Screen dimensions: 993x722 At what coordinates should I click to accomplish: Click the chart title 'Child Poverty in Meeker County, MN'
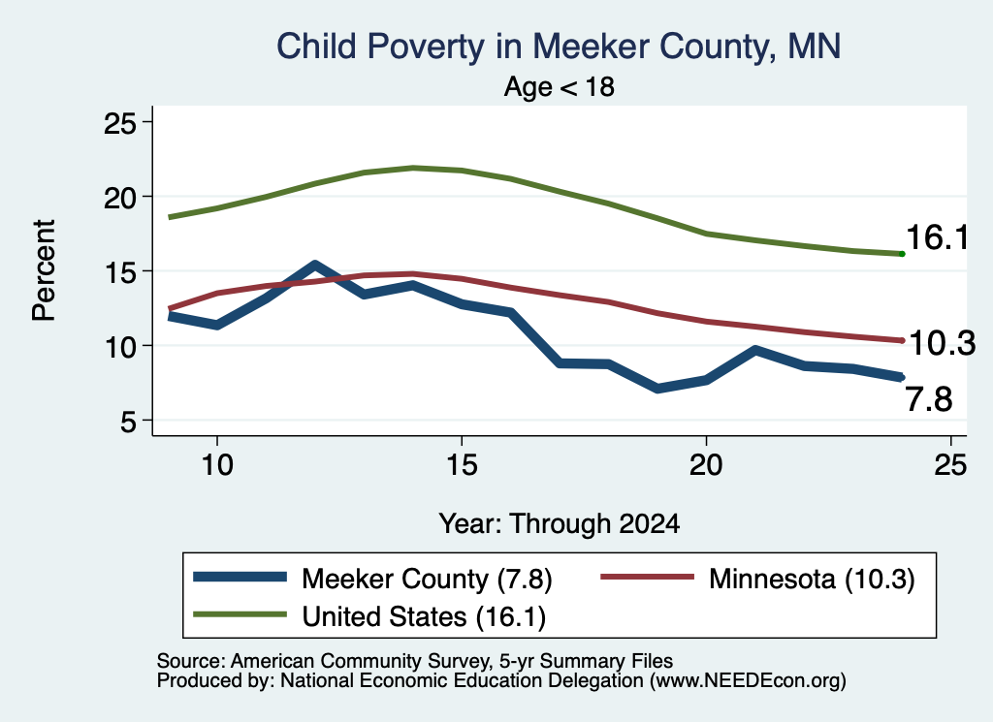tap(559, 47)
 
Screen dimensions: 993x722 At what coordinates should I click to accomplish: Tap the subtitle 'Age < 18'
tap(560, 86)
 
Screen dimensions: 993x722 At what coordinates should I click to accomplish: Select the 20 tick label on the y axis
tap(119, 198)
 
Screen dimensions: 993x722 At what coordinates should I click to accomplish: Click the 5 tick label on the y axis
tap(129, 421)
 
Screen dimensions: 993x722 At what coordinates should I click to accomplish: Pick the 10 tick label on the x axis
tap(217, 465)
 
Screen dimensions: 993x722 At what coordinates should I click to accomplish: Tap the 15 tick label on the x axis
tap(462, 465)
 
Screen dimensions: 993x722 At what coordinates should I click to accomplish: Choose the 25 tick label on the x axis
tap(950, 465)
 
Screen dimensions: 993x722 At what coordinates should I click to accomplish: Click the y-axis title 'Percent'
tap(45, 270)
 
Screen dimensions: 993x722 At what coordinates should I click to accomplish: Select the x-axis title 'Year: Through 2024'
tap(560, 524)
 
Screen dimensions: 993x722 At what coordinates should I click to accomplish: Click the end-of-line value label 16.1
tap(938, 238)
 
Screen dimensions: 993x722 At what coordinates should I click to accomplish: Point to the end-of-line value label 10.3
tap(943, 344)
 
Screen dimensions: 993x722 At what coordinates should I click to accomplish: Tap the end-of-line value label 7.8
tap(929, 400)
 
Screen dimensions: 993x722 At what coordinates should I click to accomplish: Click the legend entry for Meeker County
tap(372, 579)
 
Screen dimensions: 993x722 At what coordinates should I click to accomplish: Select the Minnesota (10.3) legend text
tap(812, 579)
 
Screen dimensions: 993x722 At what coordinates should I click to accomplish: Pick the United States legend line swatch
tap(240, 613)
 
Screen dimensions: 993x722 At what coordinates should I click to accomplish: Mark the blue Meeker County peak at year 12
tap(315, 265)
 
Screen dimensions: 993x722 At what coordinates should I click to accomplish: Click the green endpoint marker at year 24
tap(902, 254)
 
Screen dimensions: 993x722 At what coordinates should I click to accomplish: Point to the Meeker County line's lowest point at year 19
tap(658, 388)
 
